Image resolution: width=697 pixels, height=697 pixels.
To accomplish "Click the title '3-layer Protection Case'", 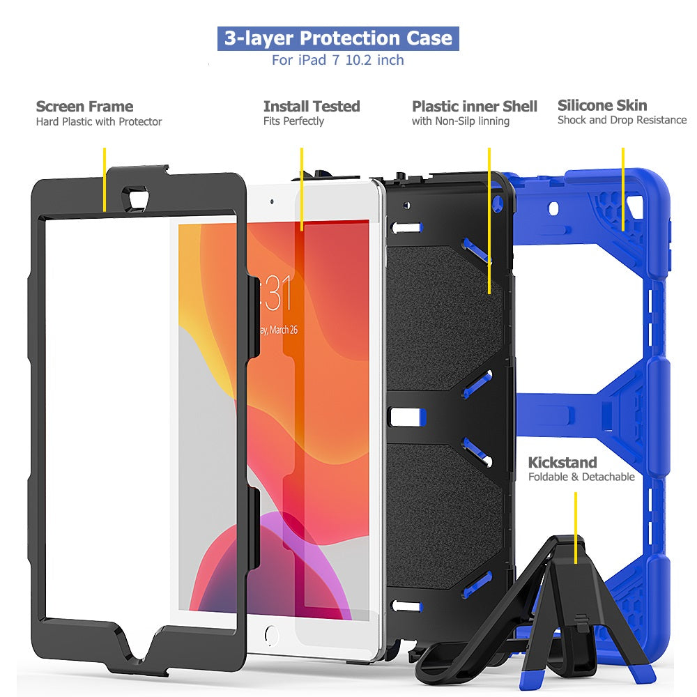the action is tap(338, 38).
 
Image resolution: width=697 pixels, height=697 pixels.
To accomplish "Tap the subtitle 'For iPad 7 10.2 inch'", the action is tap(338, 60).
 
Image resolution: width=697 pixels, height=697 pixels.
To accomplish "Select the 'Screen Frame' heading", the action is tap(84, 106).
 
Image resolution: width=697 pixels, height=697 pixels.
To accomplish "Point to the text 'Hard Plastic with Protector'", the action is tap(99, 122).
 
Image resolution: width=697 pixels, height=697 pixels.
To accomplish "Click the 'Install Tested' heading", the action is tap(312, 106).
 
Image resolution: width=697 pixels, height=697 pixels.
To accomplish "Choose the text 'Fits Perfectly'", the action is tap(293, 121).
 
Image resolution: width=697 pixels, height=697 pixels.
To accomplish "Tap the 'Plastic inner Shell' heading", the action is tap(474, 106).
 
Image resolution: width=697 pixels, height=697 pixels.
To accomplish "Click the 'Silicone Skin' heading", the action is tap(602, 105).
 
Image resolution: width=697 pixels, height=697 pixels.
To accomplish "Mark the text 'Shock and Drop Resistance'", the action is tap(622, 120).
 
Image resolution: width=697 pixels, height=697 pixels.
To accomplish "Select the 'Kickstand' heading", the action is tap(562, 462).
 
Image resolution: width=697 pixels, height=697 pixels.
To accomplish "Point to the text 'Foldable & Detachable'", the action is tap(581, 477).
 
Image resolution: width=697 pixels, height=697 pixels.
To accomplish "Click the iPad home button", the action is tap(271, 635).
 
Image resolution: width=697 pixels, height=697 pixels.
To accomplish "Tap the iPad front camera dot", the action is tap(272, 202).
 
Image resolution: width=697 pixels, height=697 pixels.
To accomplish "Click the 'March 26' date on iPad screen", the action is tap(284, 330).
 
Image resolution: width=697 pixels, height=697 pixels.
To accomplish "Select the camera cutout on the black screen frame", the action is tap(137, 196).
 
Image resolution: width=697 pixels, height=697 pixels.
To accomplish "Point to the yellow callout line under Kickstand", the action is tap(576, 528).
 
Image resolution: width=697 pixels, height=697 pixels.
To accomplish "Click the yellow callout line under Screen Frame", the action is tap(105, 180).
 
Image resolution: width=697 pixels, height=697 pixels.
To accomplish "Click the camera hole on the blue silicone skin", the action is tap(553, 208).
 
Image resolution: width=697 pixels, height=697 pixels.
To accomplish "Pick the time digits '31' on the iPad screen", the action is tap(279, 293).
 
